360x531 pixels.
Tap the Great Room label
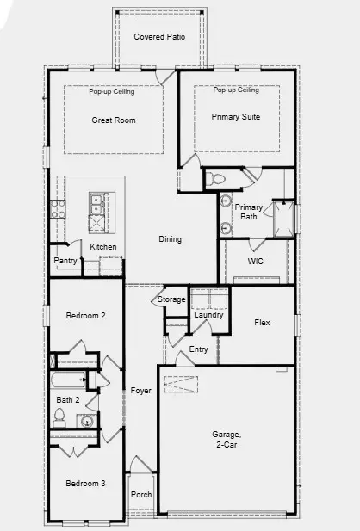tap(114, 120)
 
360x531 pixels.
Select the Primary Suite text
tap(236, 117)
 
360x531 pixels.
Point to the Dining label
tap(170, 239)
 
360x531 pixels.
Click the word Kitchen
tap(103, 247)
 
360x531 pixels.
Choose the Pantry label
tap(65, 261)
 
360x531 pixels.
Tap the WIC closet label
tap(255, 261)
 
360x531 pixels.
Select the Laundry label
tap(208, 315)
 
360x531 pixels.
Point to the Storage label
tap(171, 299)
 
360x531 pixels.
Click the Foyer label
tap(140, 390)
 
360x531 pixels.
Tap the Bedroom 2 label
tap(85, 316)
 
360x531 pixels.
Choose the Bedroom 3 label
tap(85, 484)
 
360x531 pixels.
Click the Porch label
tap(140, 495)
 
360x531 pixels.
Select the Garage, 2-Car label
tap(226, 440)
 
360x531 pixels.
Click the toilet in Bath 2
tap(59, 419)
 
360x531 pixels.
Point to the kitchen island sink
tap(97, 204)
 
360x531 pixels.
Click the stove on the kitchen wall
tap(59, 207)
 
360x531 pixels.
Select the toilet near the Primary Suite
tap(215, 180)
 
